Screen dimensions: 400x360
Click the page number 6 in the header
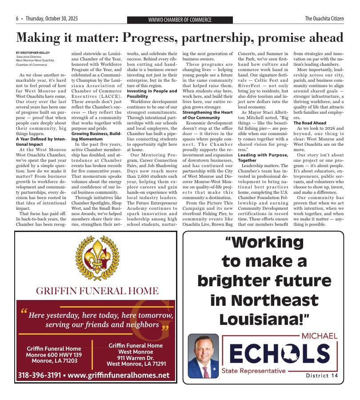[17, 19]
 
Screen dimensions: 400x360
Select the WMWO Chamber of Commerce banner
[180, 20]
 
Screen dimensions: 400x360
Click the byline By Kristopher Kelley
[34, 53]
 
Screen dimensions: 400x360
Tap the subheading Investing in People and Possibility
[152, 93]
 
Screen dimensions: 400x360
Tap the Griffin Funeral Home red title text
[97, 291]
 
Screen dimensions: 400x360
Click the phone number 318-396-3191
[39, 375]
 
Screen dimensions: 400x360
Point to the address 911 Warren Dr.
[136, 357]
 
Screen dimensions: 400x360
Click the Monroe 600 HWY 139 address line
[54, 355]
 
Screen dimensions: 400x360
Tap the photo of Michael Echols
[203, 356]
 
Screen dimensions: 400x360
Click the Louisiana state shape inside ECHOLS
[284, 353]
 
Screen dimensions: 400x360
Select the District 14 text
[322, 376]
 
